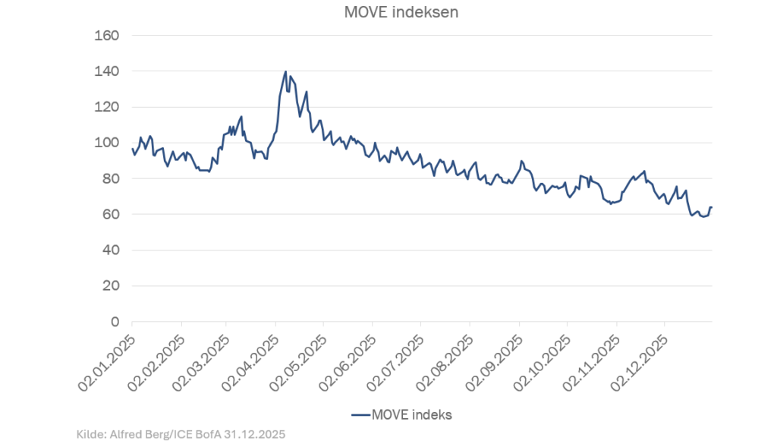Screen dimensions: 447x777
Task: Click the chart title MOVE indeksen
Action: [x=391, y=12]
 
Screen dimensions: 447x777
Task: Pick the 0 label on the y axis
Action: [x=115, y=322]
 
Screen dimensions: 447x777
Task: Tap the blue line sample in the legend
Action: [x=360, y=414]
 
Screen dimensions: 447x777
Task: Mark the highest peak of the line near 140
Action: [x=285, y=72]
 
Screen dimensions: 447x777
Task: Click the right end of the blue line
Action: [x=712, y=207]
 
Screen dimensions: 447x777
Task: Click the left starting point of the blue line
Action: [x=133, y=150]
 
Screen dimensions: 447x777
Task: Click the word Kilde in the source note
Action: [x=91, y=435]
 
